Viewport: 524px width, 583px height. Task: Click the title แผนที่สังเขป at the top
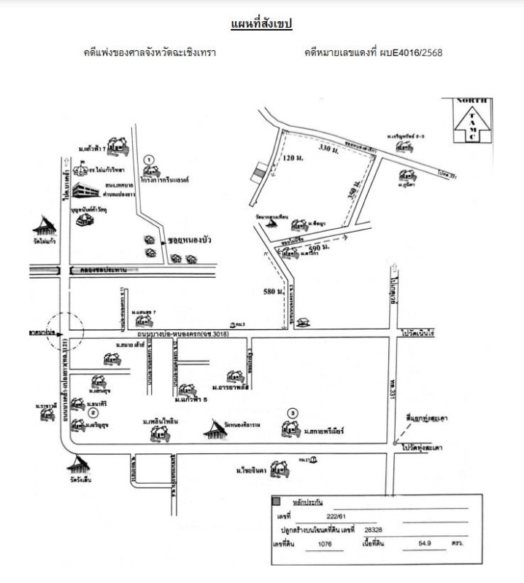261,25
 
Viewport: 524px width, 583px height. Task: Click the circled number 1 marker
149,158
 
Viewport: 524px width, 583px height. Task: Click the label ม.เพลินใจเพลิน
161,422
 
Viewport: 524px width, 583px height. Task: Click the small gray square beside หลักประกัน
276,501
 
